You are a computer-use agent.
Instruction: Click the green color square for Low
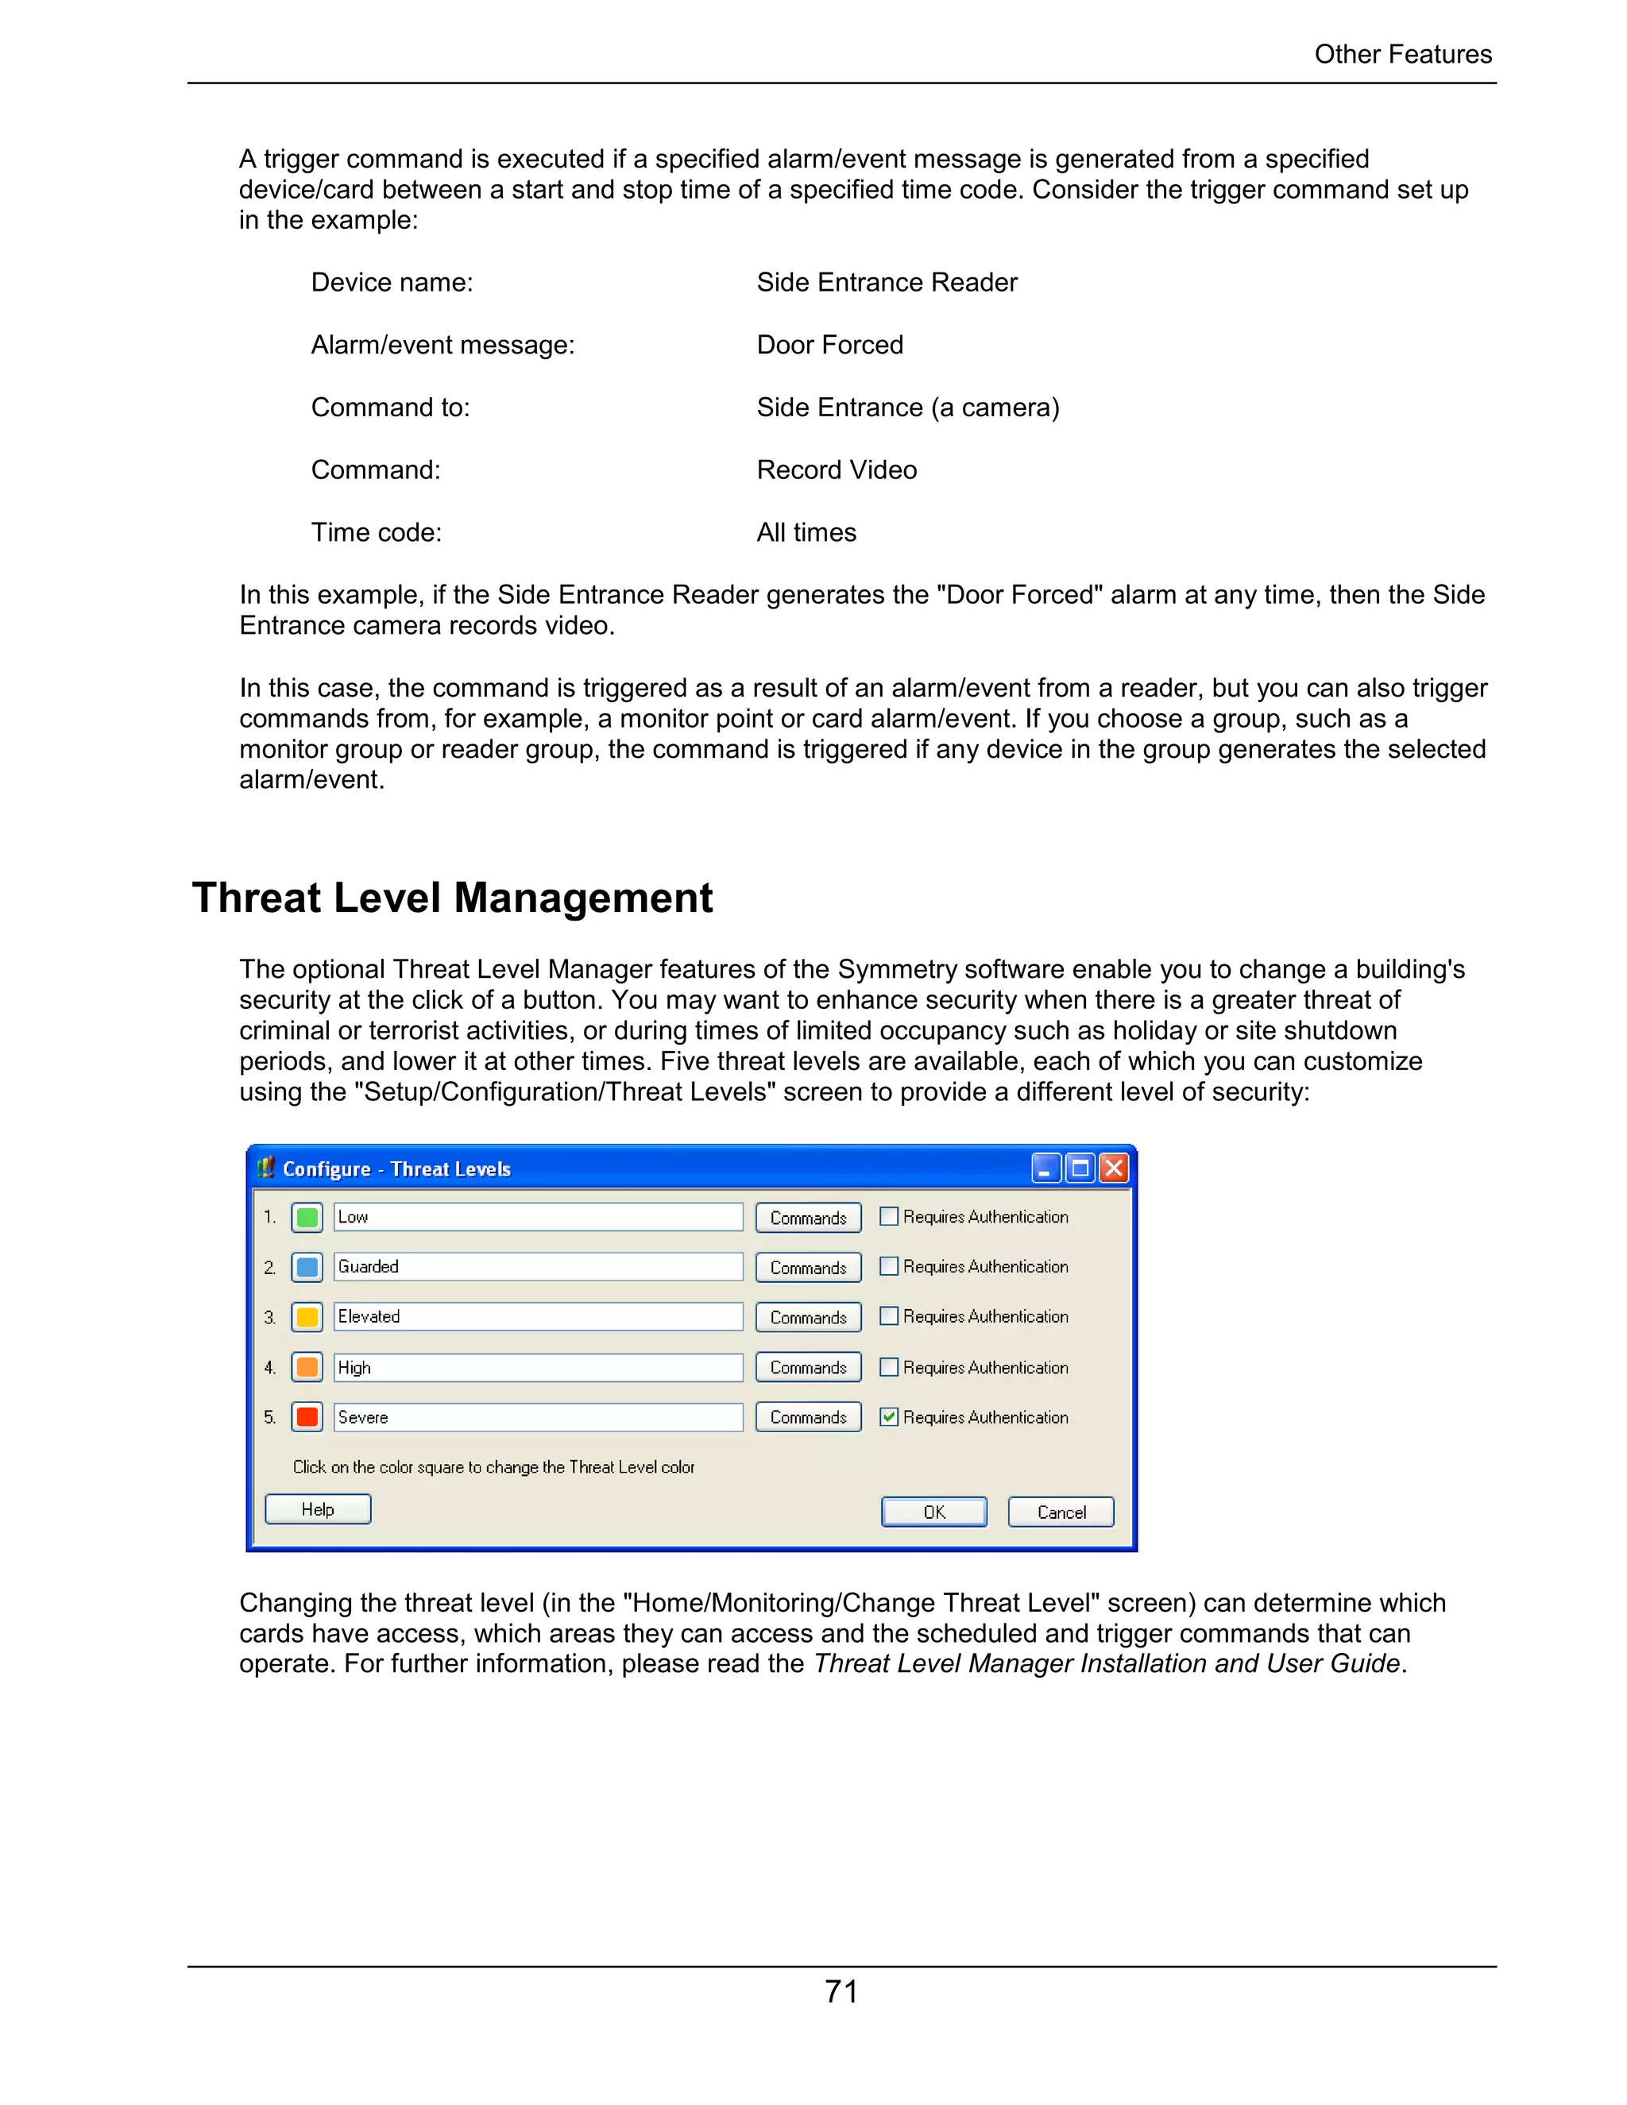tap(307, 1217)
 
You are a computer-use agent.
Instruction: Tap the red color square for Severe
tap(307, 1417)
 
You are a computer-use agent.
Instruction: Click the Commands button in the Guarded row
tap(808, 1268)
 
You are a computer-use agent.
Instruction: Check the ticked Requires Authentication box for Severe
tap(889, 1417)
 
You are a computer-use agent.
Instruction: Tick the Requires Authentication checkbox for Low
tap(889, 1216)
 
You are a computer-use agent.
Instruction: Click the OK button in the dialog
tap(933, 1512)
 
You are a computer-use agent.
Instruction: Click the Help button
tap(317, 1509)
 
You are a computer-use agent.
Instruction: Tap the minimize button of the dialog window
tap(1045, 1168)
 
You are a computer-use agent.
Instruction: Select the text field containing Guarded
tap(537, 1266)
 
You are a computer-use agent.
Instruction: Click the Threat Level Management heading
tap(452, 898)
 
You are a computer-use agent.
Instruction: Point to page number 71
tap(841, 1991)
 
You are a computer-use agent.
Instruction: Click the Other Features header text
tap(1402, 54)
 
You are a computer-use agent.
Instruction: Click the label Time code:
tap(376, 532)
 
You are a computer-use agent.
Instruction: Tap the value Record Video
tap(836, 470)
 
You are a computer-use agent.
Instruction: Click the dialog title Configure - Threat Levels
tap(396, 1169)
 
